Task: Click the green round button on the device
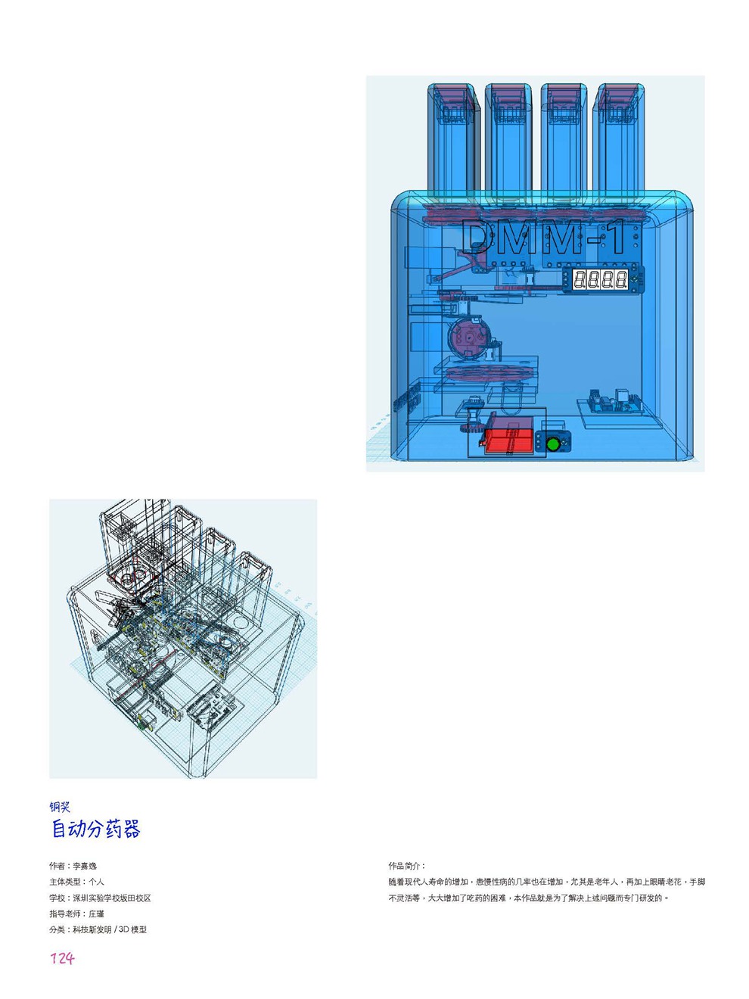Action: [552, 443]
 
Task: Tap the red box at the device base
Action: [508, 440]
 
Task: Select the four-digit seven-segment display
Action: [601, 279]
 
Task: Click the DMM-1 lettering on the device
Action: [542, 237]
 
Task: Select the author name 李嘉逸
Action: [85, 866]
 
